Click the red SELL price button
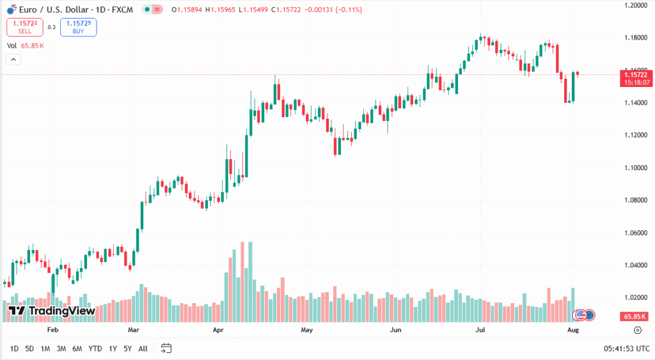coord(25,27)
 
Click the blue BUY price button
coord(78,27)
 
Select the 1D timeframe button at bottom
coord(14,348)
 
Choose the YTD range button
coord(95,348)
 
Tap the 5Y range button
coord(127,348)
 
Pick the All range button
coord(143,348)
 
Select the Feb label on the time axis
coord(52,330)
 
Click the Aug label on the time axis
coord(573,330)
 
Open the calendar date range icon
coord(166,348)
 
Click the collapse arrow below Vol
coord(13,59)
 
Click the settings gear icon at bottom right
coord(637,330)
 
